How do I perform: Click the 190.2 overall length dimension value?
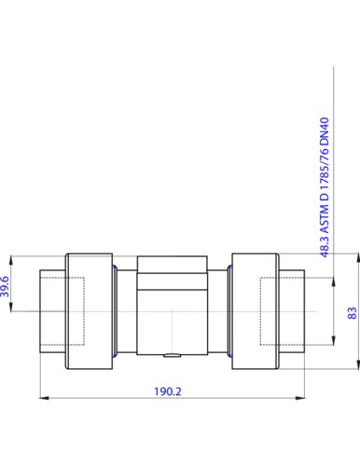pos(167,392)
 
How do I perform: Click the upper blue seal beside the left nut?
pos(113,267)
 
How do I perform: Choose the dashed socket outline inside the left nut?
pos(75,312)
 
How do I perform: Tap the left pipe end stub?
pos(51,312)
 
